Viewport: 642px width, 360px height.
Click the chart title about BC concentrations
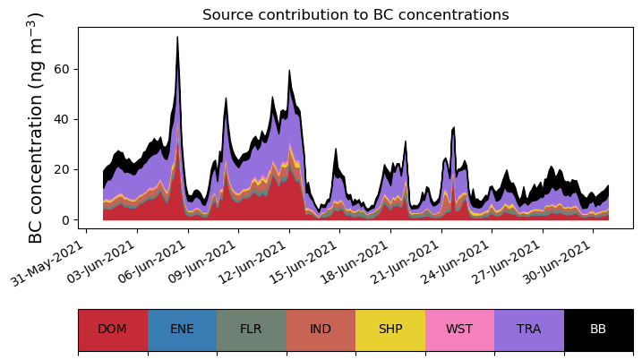click(355, 15)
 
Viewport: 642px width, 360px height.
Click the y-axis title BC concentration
click(36, 128)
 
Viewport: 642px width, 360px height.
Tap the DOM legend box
click(112, 329)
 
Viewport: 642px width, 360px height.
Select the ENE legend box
click(182, 329)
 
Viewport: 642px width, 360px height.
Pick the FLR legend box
click(251, 329)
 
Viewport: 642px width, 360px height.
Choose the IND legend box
click(321, 329)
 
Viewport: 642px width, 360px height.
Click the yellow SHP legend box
click(390, 329)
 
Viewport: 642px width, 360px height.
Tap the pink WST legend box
click(459, 329)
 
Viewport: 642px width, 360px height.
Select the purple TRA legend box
click(529, 329)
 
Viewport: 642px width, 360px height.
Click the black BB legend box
click(598, 329)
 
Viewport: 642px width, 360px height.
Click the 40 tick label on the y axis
click(62, 119)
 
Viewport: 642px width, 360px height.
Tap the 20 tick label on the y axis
click(62, 170)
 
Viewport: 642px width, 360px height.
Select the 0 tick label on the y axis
click(65, 220)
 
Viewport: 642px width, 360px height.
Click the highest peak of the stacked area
click(177, 38)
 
